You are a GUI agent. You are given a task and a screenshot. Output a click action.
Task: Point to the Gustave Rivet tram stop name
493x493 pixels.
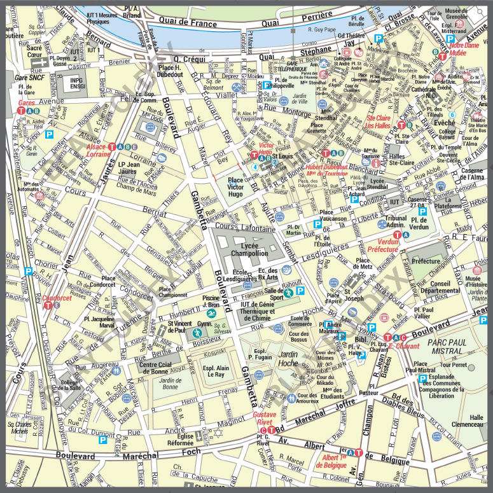264,418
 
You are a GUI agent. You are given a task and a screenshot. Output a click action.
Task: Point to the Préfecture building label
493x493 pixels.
426,261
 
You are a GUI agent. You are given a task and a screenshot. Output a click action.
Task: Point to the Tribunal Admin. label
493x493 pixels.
396,221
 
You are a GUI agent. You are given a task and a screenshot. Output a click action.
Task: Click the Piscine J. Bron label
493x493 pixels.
211,300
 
